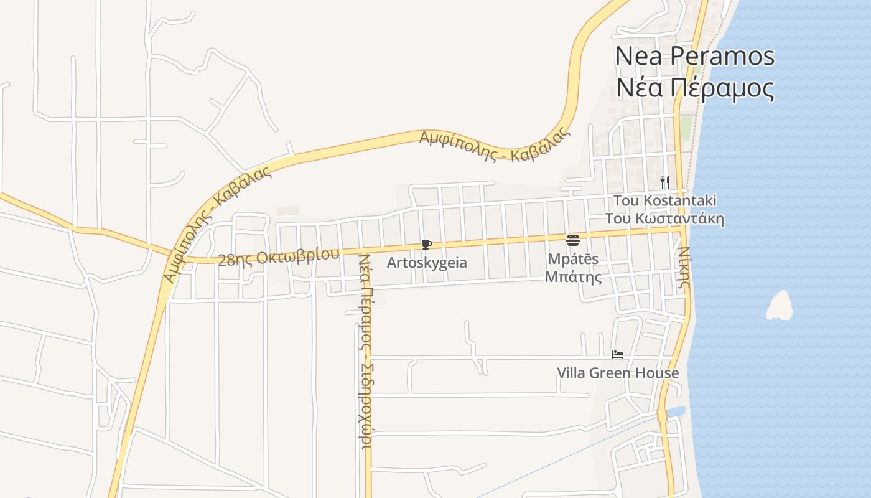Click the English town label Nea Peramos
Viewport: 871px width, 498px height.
tap(694, 57)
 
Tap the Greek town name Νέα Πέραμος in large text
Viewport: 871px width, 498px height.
tap(694, 88)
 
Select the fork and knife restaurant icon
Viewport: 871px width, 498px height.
tap(665, 182)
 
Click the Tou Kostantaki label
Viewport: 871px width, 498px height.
tap(664, 200)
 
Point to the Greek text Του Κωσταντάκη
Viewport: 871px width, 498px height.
tap(664, 219)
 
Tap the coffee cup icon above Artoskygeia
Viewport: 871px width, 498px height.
tap(426, 244)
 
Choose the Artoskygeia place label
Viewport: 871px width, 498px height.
tap(427, 263)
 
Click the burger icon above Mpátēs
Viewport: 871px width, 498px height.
tap(573, 240)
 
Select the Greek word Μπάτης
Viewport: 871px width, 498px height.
tap(573, 276)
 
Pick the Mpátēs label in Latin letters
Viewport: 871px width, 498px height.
tap(573, 258)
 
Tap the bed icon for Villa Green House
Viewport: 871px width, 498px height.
tap(617, 355)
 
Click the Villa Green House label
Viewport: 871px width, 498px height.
tap(617, 373)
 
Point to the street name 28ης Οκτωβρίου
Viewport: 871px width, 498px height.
tap(279, 257)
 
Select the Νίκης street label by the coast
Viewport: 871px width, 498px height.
tap(684, 266)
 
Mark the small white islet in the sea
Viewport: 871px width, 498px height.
tap(780, 306)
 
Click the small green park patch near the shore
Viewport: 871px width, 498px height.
tap(685, 128)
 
